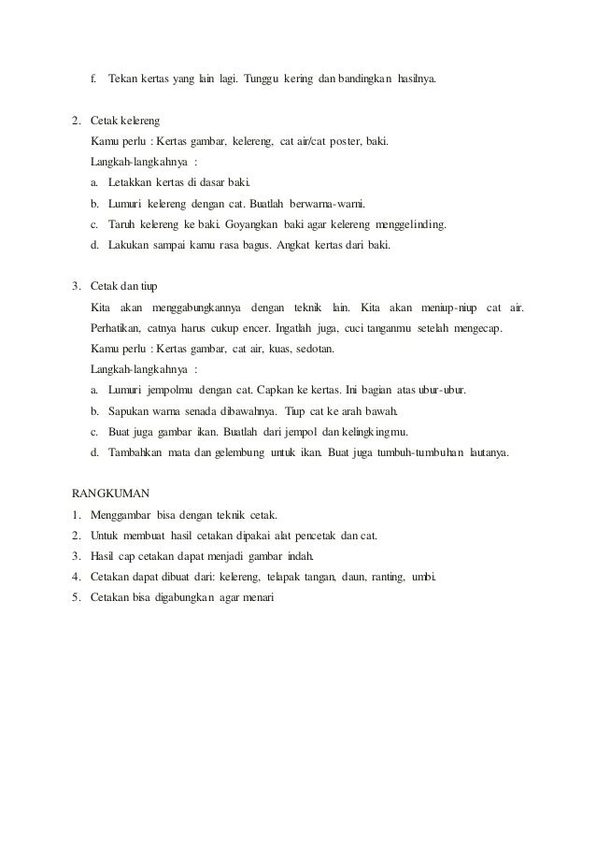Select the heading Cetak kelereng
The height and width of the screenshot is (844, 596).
click(x=125, y=122)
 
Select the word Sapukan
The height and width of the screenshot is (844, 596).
click(x=130, y=410)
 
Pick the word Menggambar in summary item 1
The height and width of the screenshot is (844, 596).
click(x=123, y=514)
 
